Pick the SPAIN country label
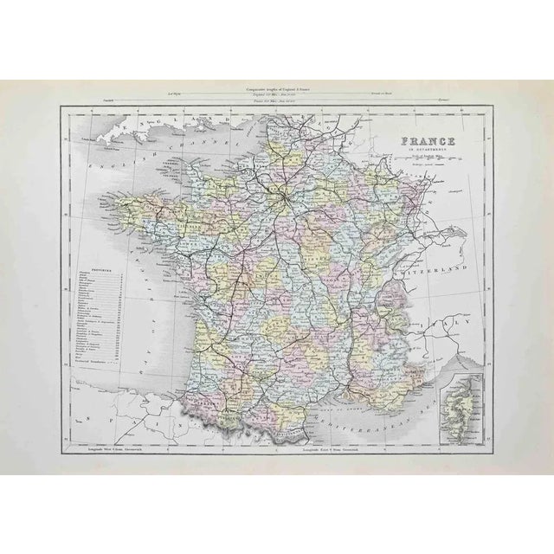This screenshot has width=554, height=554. [164, 421]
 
